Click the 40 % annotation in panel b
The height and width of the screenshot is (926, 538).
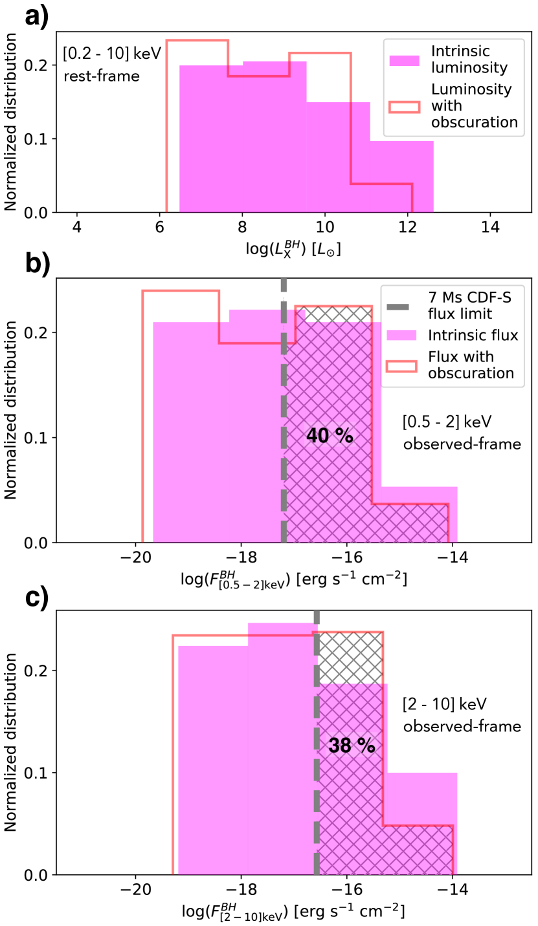[x=330, y=435]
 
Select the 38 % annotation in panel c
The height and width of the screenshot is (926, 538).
[x=352, y=745]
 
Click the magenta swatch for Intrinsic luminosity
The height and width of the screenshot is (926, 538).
[x=405, y=59]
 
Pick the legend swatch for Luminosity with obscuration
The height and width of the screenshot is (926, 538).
[x=405, y=105]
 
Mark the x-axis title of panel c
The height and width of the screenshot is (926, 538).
[x=294, y=912]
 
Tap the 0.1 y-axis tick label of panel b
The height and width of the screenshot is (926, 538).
[x=38, y=438]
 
